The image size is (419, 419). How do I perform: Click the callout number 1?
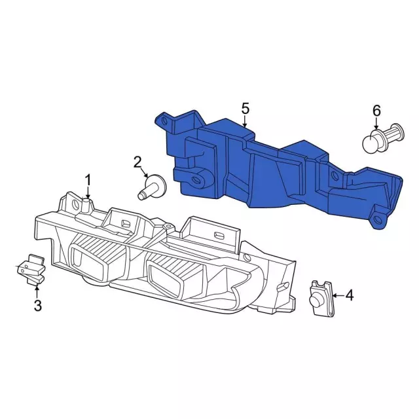[88, 181]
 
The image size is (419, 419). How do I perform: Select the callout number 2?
[137, 162]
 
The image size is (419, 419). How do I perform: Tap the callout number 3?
[38, 305]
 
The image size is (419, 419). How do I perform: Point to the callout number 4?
[349, 295]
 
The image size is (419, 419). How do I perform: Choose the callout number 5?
[245, 109]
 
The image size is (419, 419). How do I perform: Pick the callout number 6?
[376, 111]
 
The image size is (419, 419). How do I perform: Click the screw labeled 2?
[152, 187]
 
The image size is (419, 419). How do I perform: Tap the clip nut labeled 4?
[321, 299]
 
